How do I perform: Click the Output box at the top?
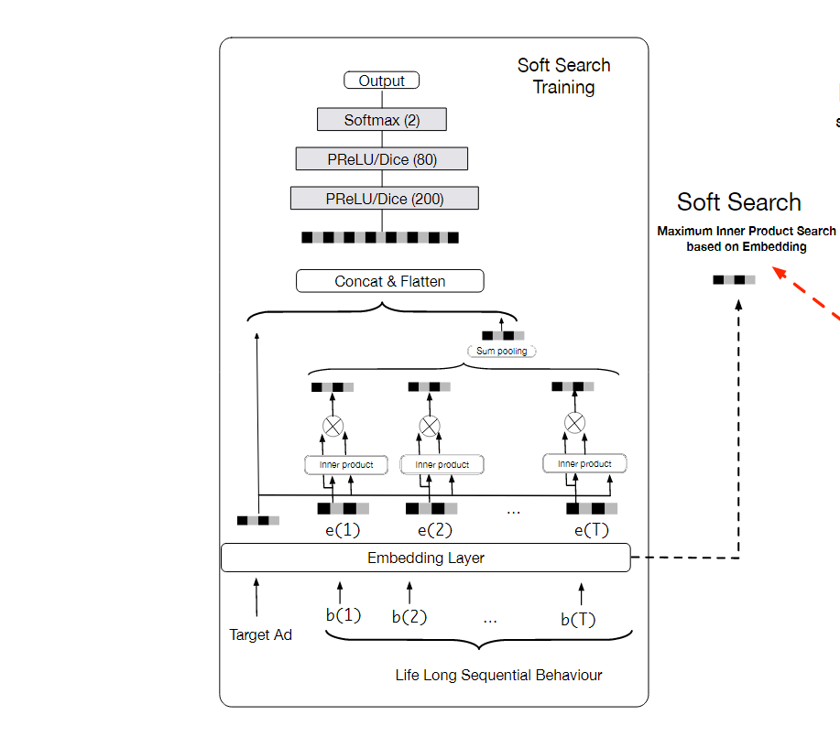(381, 81)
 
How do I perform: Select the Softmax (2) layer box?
(381, 120)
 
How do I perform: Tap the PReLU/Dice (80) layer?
(382, 159)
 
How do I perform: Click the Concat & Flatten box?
(389, 281)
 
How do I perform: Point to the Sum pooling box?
(502, 351)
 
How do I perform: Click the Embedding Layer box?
(426, 558)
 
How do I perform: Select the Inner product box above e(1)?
(345, 465)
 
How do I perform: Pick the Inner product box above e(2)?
(442, 465)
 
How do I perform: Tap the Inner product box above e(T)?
(584, 464)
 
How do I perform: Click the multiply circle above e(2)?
(429, 426)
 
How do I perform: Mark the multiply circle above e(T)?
(574, 423)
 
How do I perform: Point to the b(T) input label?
(578, 620)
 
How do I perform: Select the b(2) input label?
(409, 617)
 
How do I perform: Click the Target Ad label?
(260, 634)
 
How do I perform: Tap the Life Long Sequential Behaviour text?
(498, 676)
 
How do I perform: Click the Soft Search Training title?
(563, 76)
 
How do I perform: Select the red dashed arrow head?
(778, 271)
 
